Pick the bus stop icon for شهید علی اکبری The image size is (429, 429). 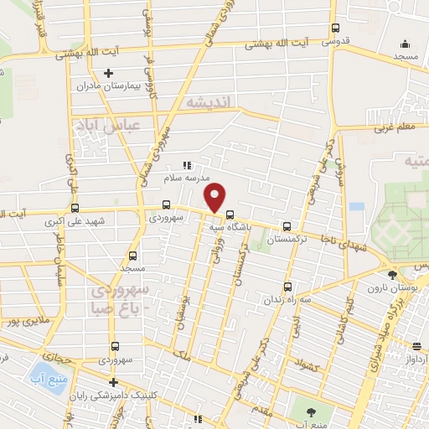[75, 209]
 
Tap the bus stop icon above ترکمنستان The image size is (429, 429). [287, 225]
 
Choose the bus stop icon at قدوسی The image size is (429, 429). [334, 27]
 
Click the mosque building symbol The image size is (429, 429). [406, 44]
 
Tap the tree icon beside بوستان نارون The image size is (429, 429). [391, 274]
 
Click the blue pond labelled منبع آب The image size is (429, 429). [39, 367]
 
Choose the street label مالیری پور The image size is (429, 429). [23, 321]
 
